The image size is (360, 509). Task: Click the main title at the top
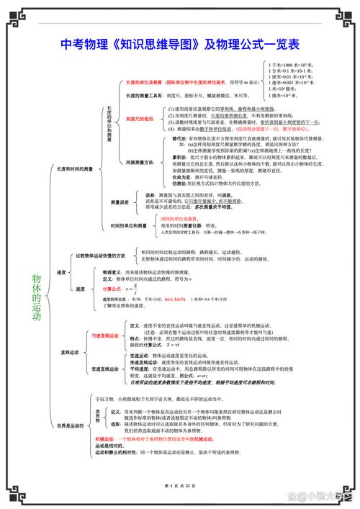tap(180, 44)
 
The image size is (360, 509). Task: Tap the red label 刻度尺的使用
tap(140, 119)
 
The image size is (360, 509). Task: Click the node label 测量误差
tap(120, 202)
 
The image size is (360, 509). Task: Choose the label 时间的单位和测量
tap(129, 225)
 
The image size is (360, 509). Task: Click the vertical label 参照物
tap(99, 415)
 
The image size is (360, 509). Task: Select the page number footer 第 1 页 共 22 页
tap(180, 487)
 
